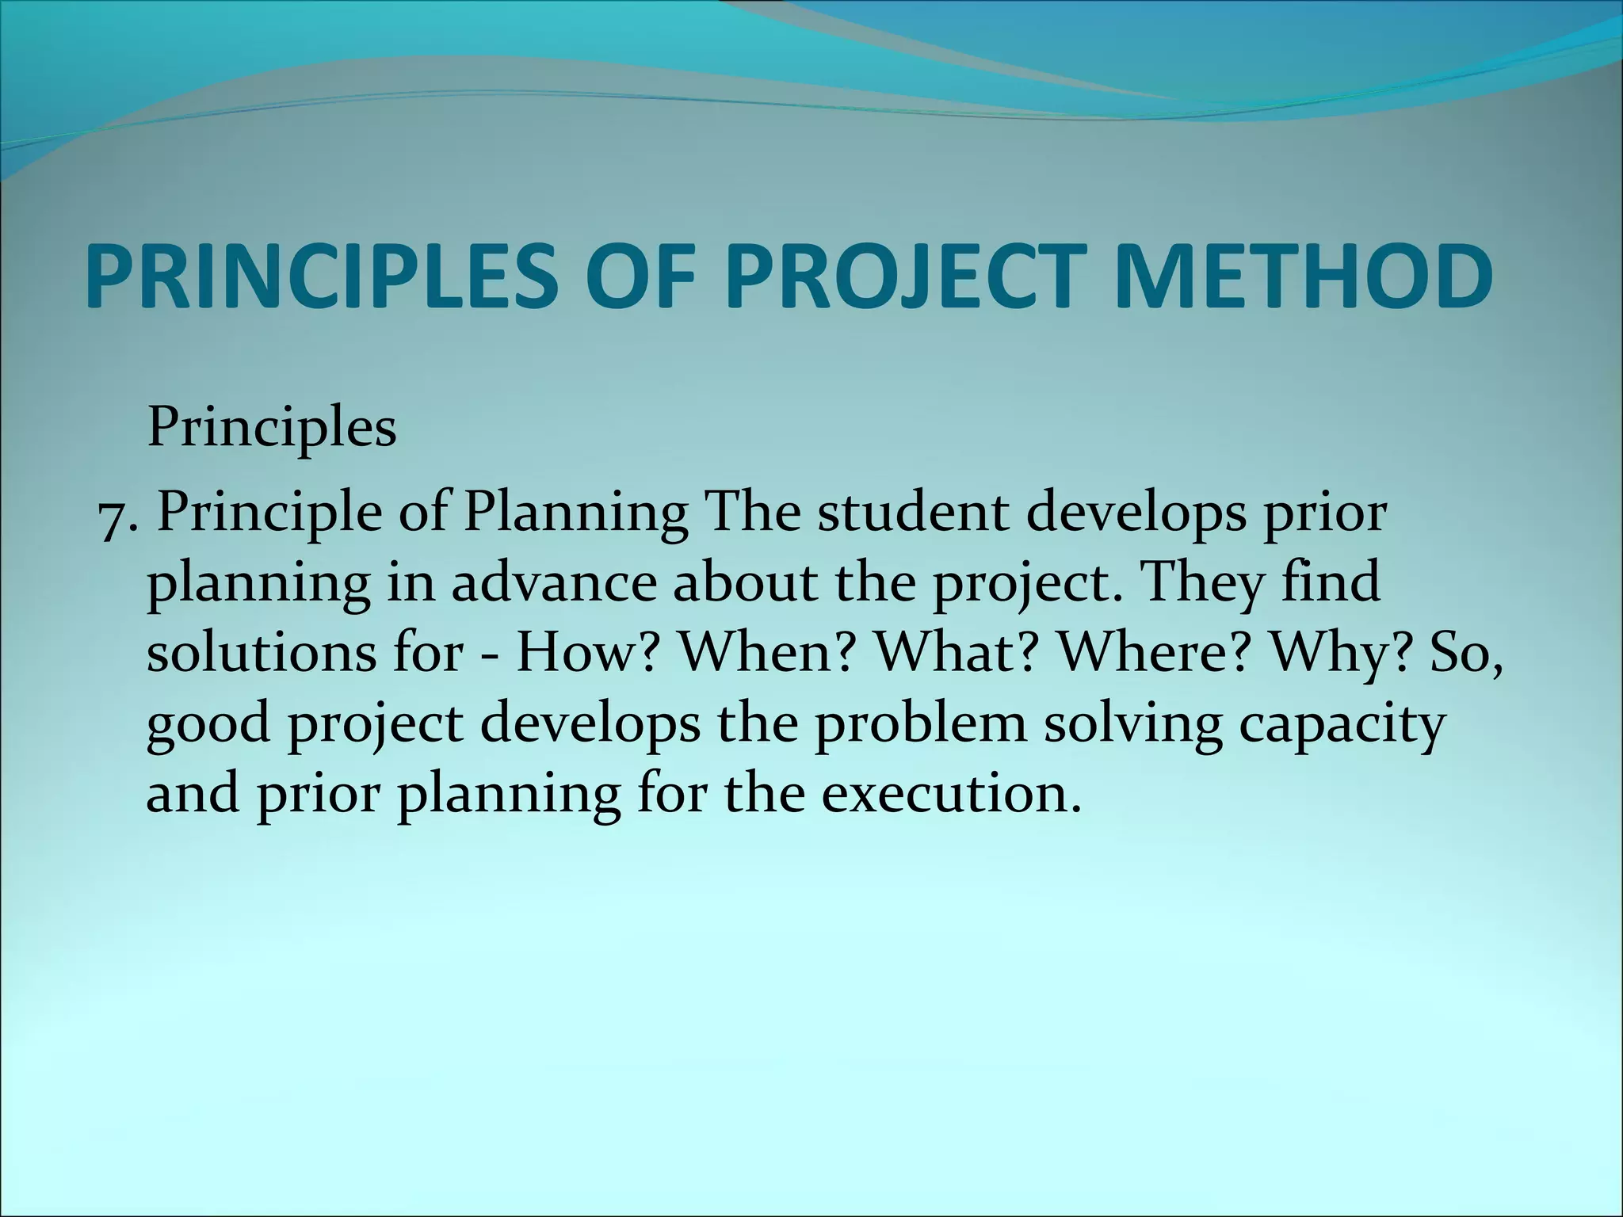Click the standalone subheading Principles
272,429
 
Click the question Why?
1343,654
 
